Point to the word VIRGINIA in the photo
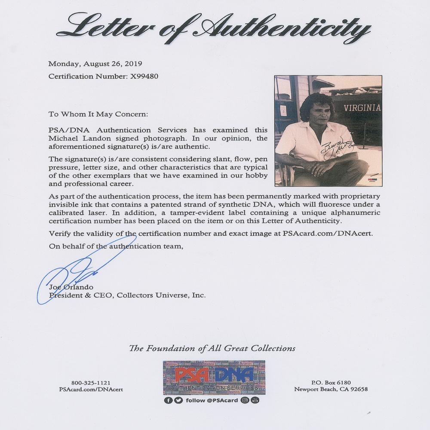(362, 108)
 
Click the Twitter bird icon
(177, 400)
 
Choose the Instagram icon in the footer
(245, 400)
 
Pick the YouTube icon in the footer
(255, 400)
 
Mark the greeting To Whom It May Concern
(98, 115)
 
